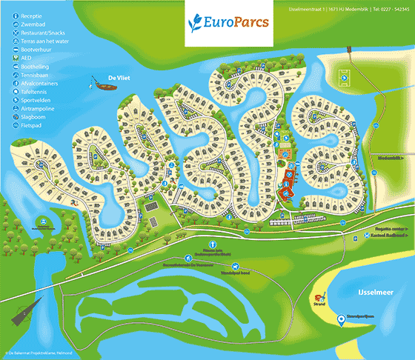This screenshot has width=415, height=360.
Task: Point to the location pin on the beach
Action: click(340, 319)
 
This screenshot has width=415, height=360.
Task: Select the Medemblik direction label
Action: click(390, 158)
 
